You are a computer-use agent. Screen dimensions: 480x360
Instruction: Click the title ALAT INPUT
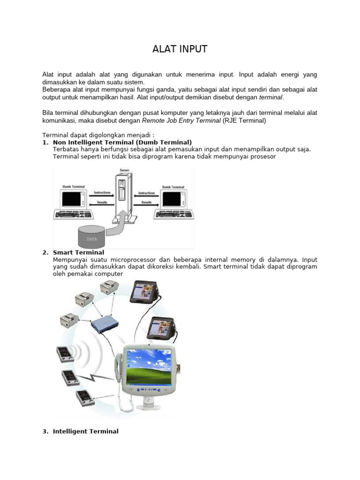[180, 49]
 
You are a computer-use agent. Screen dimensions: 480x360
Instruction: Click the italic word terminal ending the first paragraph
[270, 97]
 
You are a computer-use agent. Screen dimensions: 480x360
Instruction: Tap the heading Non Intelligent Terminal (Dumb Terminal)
[122, 142]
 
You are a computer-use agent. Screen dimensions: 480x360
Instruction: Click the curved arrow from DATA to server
[117, 225]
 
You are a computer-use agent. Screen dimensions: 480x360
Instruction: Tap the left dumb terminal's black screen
[72, 199]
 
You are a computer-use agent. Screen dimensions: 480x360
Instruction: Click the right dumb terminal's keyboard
[173, 215]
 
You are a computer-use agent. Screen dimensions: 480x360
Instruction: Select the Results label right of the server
[147, 202]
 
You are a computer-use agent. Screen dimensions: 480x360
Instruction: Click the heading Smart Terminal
[79, 253]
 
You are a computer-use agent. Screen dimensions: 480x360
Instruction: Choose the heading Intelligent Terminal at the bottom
[86, 431]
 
